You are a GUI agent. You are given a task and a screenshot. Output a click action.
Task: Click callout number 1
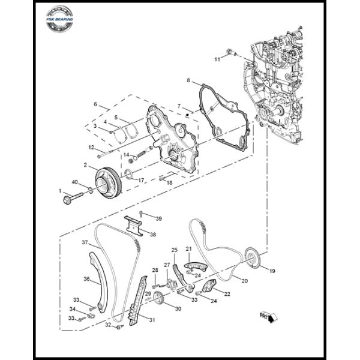61,190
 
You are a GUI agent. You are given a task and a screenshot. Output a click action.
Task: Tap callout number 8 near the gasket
188,80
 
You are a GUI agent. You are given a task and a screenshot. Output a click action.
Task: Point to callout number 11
217,59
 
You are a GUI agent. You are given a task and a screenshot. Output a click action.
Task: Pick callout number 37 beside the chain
85,242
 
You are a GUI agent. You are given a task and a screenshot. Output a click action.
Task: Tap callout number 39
159,217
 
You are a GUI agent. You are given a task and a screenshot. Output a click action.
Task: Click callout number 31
152,320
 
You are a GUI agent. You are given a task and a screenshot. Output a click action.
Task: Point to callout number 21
188,248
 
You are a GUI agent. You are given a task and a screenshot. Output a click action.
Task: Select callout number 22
227,293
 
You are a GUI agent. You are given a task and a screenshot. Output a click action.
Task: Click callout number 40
75,182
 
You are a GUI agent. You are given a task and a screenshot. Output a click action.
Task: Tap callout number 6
95,104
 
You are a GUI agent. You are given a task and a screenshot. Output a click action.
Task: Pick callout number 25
175,250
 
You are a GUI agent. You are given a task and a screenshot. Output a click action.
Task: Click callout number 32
108,325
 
